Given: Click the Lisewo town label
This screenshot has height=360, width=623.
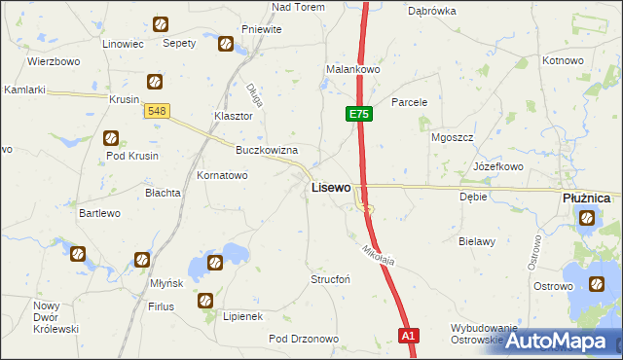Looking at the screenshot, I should click(330, 187).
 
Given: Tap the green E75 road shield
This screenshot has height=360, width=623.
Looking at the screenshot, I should click(358, 115).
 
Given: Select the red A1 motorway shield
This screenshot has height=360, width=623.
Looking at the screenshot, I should click(409, 336).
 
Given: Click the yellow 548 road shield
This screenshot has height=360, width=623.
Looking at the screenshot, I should click(158, 112).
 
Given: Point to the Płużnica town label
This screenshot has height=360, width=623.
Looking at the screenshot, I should click(586, 198).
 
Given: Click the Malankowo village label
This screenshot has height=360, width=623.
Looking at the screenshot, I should click(352, 70).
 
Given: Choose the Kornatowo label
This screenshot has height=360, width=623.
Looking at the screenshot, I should click(222, 176).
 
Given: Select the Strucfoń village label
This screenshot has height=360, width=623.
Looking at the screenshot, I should click(330, 279).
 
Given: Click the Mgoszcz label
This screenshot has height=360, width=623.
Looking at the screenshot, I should click(452, 137).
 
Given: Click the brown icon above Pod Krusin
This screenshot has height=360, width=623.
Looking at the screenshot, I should click(111, 138).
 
